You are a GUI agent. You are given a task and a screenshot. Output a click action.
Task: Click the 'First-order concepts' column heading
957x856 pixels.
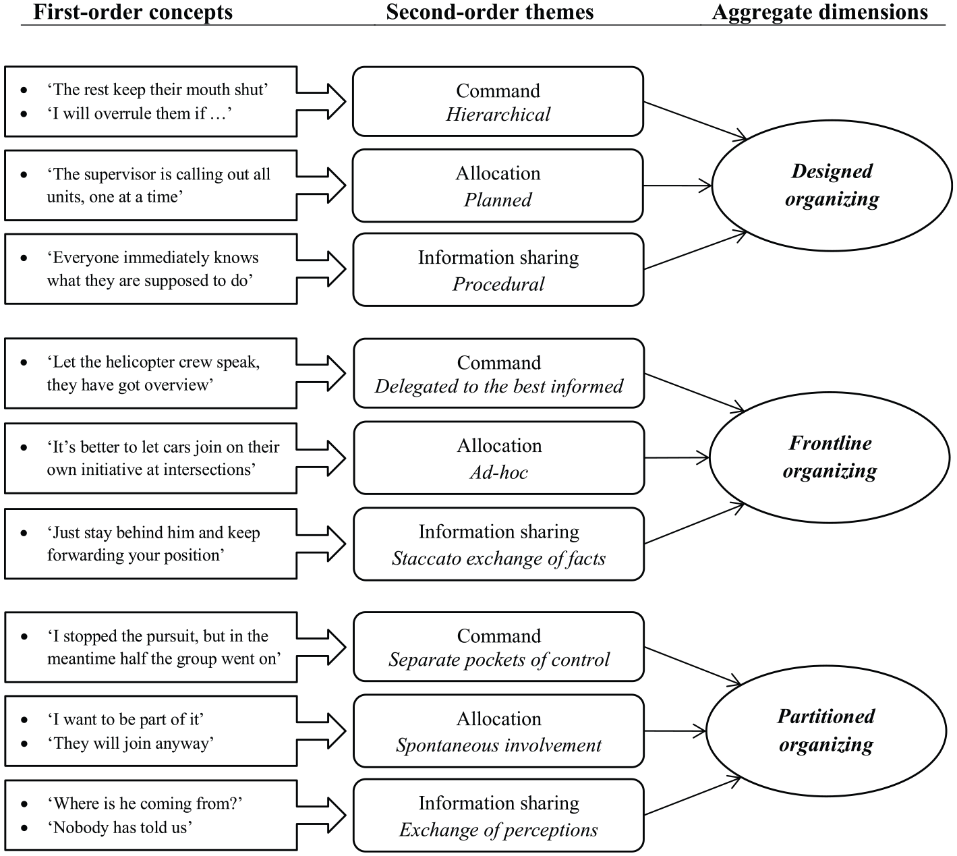(133, 12)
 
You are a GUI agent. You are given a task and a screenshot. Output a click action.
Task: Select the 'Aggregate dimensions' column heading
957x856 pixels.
(820, 12)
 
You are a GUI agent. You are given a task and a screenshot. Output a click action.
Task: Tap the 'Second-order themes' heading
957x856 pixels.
(490, 12)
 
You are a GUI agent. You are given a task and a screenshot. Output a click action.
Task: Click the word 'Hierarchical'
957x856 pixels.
(498, 115)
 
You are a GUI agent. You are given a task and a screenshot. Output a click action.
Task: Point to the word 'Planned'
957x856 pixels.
(498, 200)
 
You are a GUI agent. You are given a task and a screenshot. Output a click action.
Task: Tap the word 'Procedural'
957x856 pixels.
(498, 285)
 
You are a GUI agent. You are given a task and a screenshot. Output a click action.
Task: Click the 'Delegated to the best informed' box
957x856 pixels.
(499, 373)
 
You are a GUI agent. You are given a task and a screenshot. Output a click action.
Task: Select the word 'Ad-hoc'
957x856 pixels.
(499, 472)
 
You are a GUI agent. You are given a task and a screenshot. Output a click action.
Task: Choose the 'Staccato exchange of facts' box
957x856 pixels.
(499, 544)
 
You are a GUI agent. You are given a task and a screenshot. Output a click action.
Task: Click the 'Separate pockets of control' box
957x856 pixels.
(499, 647)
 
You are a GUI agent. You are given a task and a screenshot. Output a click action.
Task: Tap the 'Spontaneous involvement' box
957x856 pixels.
(499, 731)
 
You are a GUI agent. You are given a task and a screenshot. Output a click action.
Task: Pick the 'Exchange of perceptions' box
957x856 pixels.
(499, 816)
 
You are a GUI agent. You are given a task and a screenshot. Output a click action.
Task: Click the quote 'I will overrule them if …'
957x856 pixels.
(140, 113)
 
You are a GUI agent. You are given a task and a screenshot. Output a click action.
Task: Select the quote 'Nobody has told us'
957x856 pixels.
(120, 828)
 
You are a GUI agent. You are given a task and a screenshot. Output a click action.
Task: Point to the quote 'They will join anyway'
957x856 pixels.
(131, 743)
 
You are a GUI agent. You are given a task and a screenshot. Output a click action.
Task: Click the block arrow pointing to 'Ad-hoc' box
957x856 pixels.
(321, 458)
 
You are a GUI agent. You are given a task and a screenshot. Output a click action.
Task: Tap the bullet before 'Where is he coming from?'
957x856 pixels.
(24, 804)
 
